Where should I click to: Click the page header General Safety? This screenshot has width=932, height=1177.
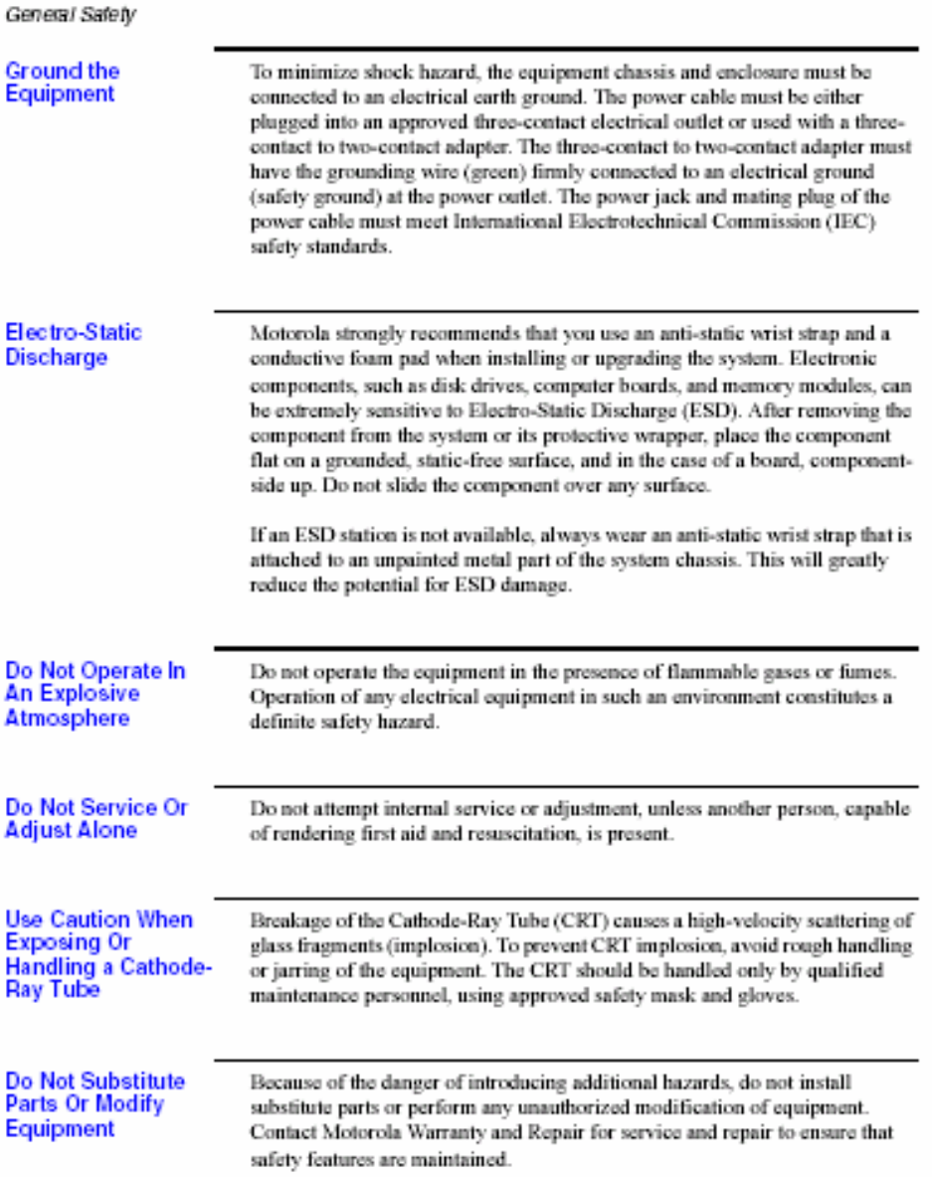pyautogui.click(x=70, y=15)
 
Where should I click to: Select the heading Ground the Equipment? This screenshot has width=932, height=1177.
pyautogui.click(x=62, y=83)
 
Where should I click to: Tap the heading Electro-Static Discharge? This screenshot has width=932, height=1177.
pyautogui.click(x=74, y=344)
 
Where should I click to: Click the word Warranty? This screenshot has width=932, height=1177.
pyautogui.click(x=438, y=1132)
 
